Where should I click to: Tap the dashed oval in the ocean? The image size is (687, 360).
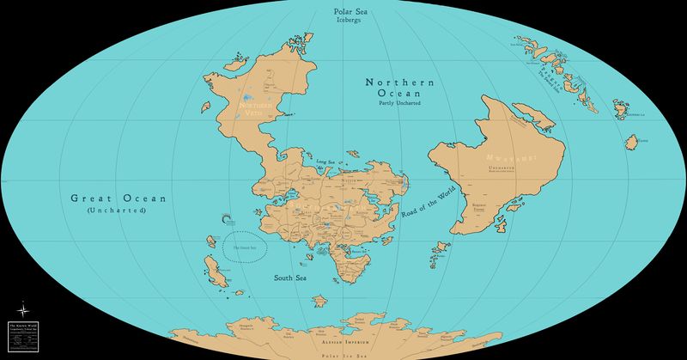click(x=246, y=247)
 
